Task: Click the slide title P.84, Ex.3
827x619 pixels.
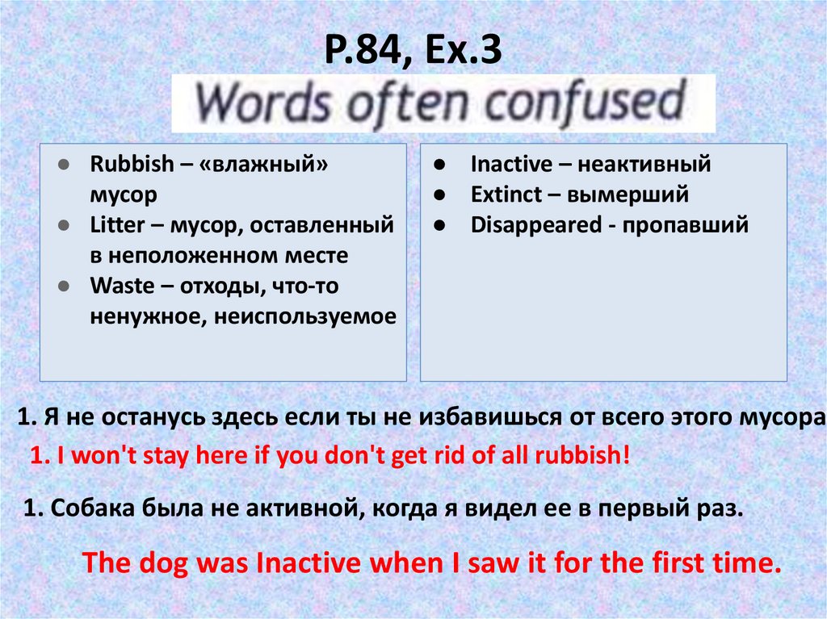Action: (x=413, y=52)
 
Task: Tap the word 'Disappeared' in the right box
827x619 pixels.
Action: (x=534, y=225)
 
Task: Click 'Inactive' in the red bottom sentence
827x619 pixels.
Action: (x=306, y=563)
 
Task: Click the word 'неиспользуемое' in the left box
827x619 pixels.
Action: (x=306, y=316)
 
